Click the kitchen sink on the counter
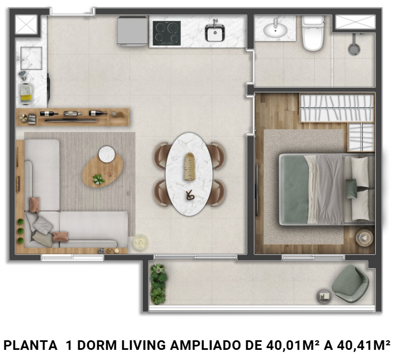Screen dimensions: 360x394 214,33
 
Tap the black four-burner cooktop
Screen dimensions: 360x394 167,33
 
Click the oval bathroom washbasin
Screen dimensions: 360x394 275,29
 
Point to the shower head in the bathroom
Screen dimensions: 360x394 353,48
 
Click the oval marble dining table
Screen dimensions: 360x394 189,173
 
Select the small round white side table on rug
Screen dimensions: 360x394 107,154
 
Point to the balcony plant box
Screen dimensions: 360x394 159,283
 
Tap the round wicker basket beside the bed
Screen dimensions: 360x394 364,237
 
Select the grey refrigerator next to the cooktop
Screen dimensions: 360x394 132,30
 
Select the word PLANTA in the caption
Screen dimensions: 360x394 25,345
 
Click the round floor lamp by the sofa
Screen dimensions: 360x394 139,243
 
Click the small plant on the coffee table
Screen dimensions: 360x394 98,179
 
